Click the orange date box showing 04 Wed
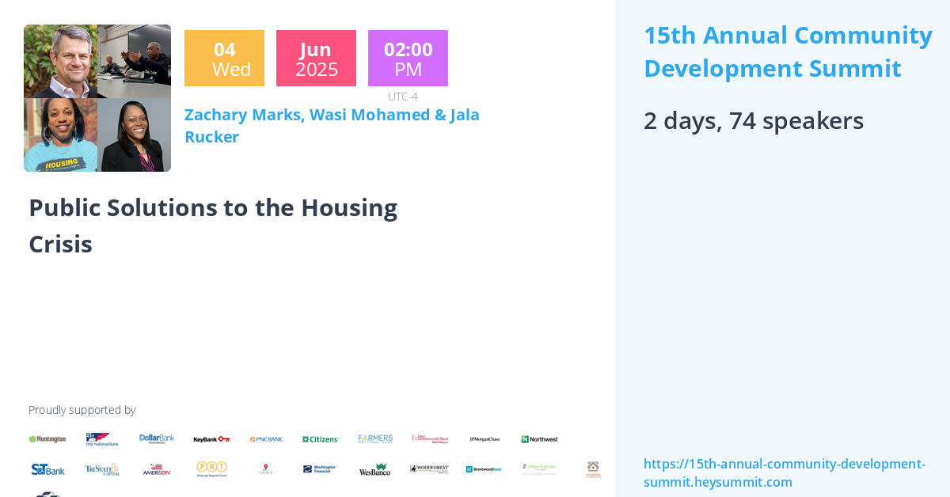pyautogui.click(x=224, y=59)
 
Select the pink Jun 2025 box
pyautogui.click(x=316, y=59)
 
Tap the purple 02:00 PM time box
pyautogui.click(x=408, y=59)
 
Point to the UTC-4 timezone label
pyautogui.click(x=402, y=97)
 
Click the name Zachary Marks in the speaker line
pyautogui.click(x=243, y=115)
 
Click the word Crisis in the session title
pyautogui.click(x=61, y=244)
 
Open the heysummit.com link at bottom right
pyautogui.click(x=784, y=472)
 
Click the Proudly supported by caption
pyautogui.click(x=82, y=410)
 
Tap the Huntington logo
pyautogui.click(x=47, y=439)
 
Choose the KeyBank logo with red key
pyautogui.click(x=211, y=439)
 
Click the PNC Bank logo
pyautogui.click(x=266, y=439)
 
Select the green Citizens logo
pyautogui.click(x=321, y=439)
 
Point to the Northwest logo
pyautogui.click(x=539, y=439)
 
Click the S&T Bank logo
pyautogui.click(x=47, y=469)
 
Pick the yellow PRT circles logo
pyautogui.click(x=211, y=469)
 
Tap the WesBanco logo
pyautogui.click(x=374, y=469)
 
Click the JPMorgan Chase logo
pyautogui.click(x=484, y=439)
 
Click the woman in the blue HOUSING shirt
pyautogui.click(x=60, y=135)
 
